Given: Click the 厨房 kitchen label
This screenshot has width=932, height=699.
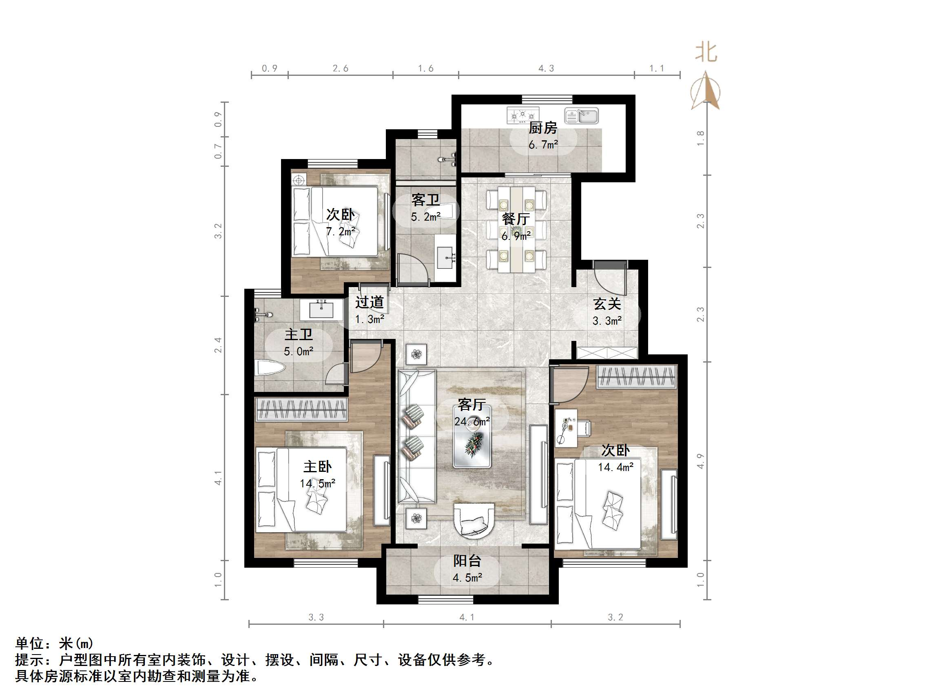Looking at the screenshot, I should point(543,128).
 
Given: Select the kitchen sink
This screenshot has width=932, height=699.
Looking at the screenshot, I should point(582,116).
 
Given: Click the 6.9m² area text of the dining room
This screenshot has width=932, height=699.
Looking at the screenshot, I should point(516,236).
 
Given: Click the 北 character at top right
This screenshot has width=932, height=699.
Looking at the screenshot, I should point(706,53).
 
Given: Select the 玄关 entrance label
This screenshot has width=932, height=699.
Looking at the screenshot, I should point(607,304).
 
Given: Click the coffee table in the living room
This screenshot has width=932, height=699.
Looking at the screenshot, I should point(472,436).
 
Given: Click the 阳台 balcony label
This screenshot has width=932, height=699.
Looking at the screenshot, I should point(467,560).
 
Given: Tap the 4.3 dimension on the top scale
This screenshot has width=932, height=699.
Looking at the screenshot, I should point(546,68).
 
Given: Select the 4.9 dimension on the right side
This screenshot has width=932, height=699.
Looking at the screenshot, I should point(700,461).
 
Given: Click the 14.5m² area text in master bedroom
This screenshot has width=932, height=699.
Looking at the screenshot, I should point(317,483).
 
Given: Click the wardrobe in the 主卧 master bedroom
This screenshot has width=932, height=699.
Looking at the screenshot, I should point(301,409).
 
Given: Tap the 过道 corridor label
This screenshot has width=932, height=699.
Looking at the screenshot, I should point(370,302).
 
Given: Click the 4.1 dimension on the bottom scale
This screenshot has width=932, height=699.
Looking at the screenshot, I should point(467,617).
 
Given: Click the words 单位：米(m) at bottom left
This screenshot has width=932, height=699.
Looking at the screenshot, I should point(54,644).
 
